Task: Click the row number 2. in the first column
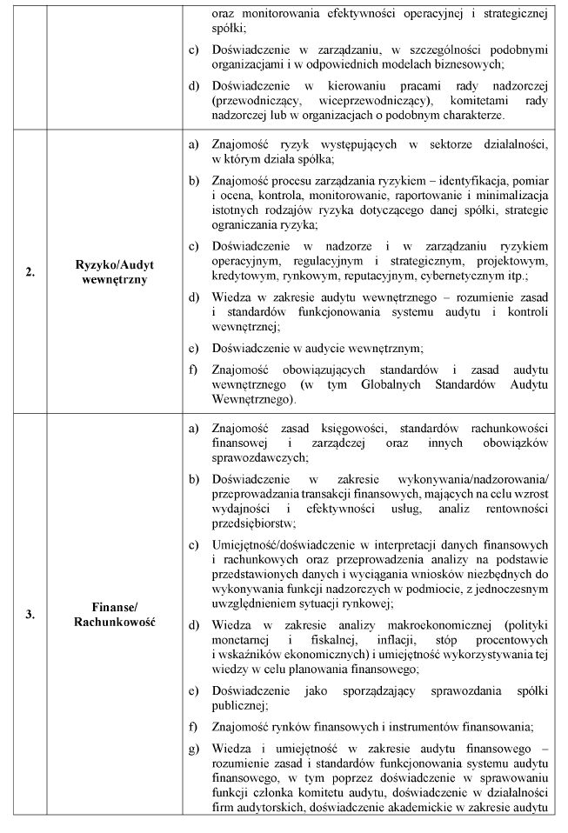coord(30,272)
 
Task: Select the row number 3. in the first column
coord(30,615)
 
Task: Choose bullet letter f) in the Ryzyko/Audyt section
coord(194,370)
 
